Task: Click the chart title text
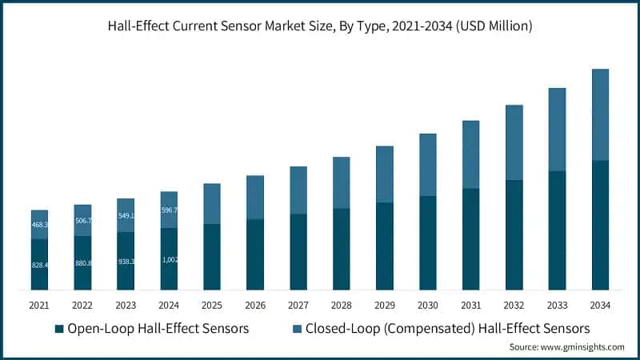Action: (320, 26)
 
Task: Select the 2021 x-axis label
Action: (39, 305)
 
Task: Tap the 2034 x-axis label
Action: (600, 305)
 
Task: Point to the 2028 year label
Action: (341, 305)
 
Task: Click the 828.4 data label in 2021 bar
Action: (39, 264)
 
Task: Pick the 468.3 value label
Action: (39, 225)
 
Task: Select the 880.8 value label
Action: (82, 262)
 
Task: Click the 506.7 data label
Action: (82, 220)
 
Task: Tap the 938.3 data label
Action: (126, 261)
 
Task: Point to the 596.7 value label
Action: (169, 210)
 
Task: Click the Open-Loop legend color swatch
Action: (58, 329)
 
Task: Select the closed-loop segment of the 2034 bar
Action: (600, 114)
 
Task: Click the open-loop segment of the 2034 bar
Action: (600, 225)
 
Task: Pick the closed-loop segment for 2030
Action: (427, 165)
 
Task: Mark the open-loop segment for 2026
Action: (255, 254)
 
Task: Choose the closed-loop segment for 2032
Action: (514, 142)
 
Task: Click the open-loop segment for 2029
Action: (384, 246)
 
